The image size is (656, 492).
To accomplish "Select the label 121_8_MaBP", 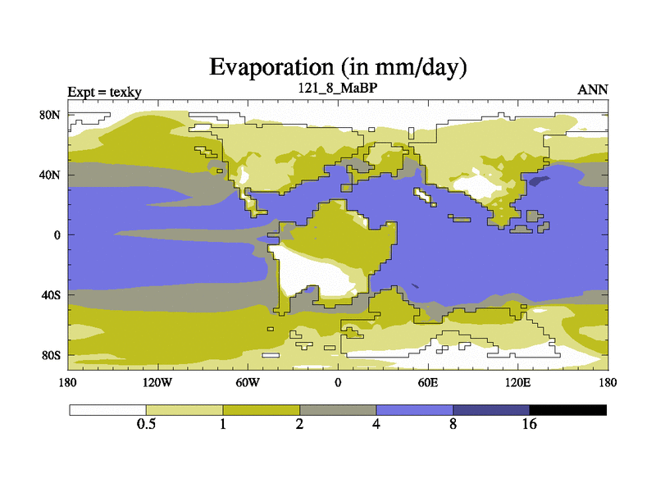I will [x=338, y=87].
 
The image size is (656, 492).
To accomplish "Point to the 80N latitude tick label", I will [x=51, y=115].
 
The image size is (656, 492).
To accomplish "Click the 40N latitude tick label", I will [x=51, y=175].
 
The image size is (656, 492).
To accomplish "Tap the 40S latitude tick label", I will [x=51, y=294].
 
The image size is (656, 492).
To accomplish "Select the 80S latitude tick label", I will [x=51, y=355].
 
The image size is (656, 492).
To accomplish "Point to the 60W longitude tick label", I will [x=248, y=382].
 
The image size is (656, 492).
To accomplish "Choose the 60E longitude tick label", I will [x=427, y=382].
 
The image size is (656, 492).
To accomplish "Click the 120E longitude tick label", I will [x=517, y=382].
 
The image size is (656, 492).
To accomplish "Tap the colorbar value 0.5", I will [x=146, y=424].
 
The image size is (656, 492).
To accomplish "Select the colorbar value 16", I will [x=530, y=424].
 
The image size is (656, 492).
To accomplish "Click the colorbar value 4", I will [x=376, y=424].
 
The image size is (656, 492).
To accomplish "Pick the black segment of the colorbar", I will [x=568, y=409].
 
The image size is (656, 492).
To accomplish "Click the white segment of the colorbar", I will [x=107, y=409].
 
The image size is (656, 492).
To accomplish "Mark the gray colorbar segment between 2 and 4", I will [x=338, y=409].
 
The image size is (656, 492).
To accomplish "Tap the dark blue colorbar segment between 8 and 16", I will [x=491, y=409].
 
